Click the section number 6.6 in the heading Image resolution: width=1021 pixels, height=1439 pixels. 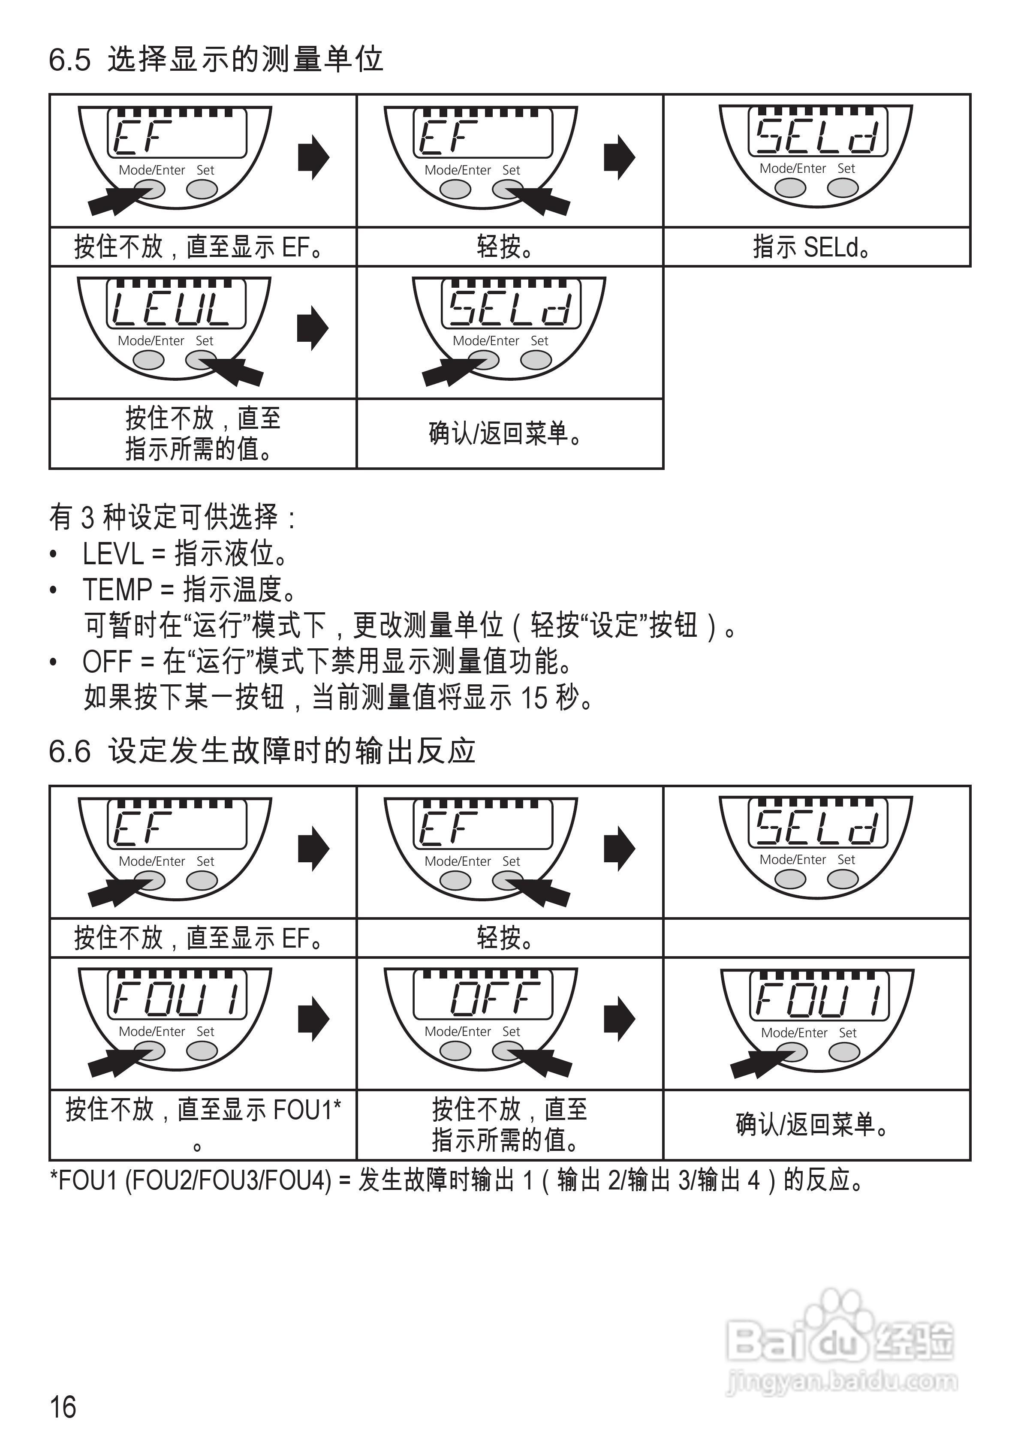(x=69, y=751)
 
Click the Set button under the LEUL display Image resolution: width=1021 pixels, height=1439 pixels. (x=201, y=360)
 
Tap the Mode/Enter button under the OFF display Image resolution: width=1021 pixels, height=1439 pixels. (x=455, y=1051)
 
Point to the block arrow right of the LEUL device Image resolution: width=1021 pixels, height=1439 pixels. (x=313, y=328)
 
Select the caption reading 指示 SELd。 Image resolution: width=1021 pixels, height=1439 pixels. (x=811, y=247)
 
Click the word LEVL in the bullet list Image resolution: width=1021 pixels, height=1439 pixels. (x=113, y=554)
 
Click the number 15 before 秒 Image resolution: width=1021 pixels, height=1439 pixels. (x=534, y=698)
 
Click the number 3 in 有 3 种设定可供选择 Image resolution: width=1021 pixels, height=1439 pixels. (x=87, y=518)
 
